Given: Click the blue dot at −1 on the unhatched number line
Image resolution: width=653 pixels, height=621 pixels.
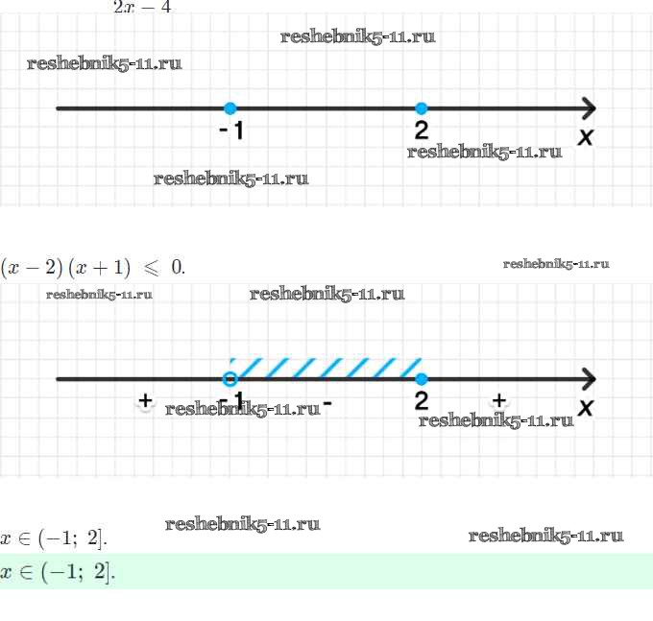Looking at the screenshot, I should [230, 108].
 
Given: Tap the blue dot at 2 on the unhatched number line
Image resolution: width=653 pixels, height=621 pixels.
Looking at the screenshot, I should [421, 108].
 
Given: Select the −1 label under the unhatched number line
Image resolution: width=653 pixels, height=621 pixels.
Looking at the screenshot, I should [231, 131].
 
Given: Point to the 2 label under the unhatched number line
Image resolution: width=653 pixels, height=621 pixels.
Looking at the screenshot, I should [422, 130].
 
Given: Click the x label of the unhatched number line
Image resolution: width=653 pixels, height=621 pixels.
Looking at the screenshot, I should [585, 137].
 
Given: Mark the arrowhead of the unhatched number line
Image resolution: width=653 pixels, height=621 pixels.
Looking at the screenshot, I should [588, 108].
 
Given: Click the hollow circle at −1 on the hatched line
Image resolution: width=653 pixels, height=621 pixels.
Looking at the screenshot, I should [230, 378].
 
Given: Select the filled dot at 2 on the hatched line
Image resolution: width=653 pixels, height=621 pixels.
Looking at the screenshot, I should [421, 378].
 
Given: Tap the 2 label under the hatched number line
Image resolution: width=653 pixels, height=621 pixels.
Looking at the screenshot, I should [422, 400].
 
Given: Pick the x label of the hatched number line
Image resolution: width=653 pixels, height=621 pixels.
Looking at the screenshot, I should [585, 407].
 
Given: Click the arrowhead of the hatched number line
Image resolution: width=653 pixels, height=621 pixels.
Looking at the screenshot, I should [588, 378].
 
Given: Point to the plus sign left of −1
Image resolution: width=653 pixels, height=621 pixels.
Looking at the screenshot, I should [145, 399].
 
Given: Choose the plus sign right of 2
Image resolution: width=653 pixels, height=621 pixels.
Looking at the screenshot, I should [498, 399].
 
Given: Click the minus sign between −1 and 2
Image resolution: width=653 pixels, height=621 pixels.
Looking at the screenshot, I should [327, 403].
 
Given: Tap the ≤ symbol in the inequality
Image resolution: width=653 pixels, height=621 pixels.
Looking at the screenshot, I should [151, 267].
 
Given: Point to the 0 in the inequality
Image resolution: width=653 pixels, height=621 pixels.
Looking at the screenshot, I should [177, 267].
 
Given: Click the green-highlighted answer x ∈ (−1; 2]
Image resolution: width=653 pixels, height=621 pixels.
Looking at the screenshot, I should [58, 573].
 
